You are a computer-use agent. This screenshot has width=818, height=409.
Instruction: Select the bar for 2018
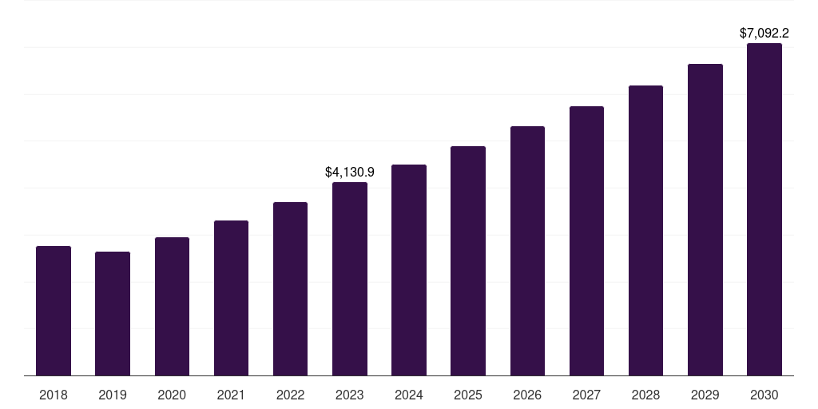[x=54, y=311]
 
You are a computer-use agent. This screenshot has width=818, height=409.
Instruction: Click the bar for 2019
[x=113, y=313]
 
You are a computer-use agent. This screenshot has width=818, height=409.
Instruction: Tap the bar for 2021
[x=231, y=298]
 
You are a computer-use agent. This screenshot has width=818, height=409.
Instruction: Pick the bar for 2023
[x=350, y=279]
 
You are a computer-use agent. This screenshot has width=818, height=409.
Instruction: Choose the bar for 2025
[x=468, y=260]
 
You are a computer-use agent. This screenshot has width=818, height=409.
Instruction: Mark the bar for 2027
[x=586, y=240]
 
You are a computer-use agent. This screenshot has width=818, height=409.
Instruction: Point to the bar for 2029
[x=705, y=220]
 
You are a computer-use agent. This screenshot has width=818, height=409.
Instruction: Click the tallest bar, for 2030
[x=764, y=209]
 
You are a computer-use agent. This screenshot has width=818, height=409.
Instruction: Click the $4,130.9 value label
[x=350, y=172]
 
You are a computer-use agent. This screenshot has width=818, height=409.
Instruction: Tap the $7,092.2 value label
[x=764, y=34]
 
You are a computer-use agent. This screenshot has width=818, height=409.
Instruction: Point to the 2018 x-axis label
[x=54, y=395]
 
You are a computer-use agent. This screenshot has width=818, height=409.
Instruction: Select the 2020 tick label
[x=172, y=395]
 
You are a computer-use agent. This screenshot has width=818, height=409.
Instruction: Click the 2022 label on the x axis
[x=290, y=395]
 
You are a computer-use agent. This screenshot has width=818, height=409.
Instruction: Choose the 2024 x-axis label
[x=409, y=395]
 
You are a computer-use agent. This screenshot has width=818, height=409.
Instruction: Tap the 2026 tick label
[x=527, y=395]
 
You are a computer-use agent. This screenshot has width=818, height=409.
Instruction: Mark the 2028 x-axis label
[x=645, y=395]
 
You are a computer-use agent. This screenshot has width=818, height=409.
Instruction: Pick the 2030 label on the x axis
[x=764, y=395]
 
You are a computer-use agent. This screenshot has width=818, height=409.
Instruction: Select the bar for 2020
[x=172, y=306]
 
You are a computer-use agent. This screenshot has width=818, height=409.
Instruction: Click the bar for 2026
[x=527, y=251]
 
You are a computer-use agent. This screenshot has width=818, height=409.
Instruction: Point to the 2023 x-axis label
[x=350, y=395]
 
